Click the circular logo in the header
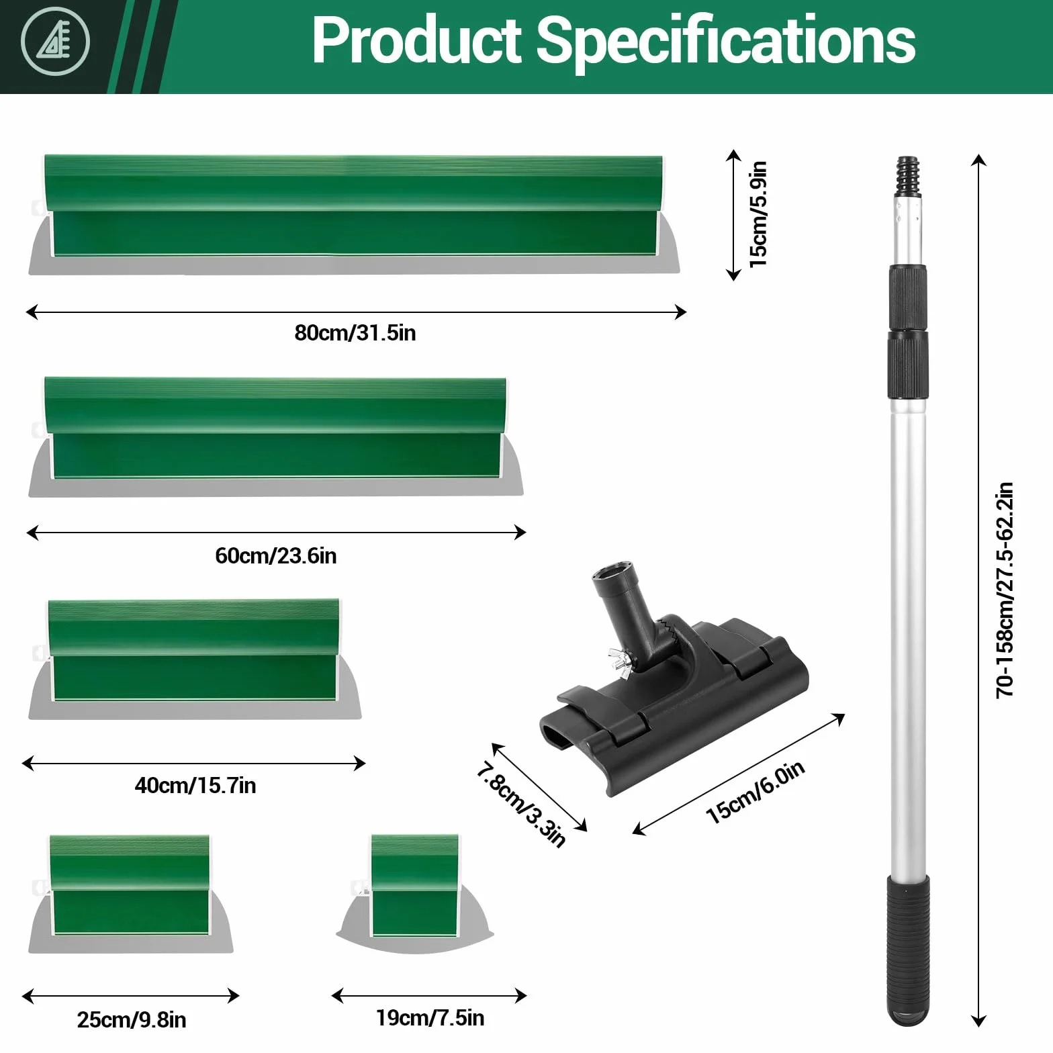(55, 42)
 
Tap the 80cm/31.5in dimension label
(355, 333)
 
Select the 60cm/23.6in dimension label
(276, 556)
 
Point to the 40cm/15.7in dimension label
(195, 785)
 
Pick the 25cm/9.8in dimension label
(132, 1019)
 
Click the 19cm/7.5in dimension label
(430, 1017)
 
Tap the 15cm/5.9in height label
(758, 215)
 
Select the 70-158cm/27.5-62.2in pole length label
(1005, 590)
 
